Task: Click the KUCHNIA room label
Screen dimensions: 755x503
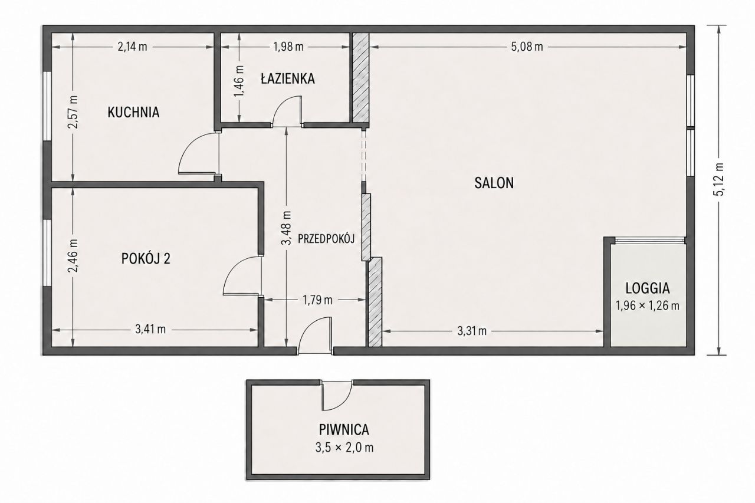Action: pos(133,112)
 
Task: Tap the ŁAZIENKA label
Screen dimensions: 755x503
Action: pos(288,78)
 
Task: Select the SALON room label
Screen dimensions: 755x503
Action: pos(494,183)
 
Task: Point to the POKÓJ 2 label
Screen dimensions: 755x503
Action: pos(146,259)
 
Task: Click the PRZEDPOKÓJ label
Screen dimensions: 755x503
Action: pos(326,239)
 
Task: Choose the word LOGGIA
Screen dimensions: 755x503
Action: pos(648,288)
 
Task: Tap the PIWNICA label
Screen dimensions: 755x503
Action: pos(344,430)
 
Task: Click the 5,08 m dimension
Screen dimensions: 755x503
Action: pos(527,47)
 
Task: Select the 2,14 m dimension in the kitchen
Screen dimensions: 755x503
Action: pos(132,47)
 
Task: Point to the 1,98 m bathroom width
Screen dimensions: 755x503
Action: pos(288,47)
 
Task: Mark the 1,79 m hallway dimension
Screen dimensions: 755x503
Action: pos(317,300)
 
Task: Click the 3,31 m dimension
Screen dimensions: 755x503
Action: pos(472,331)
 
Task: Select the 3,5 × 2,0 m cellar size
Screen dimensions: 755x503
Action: pos(344,448)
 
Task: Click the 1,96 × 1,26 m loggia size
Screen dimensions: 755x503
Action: pos(648,305)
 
